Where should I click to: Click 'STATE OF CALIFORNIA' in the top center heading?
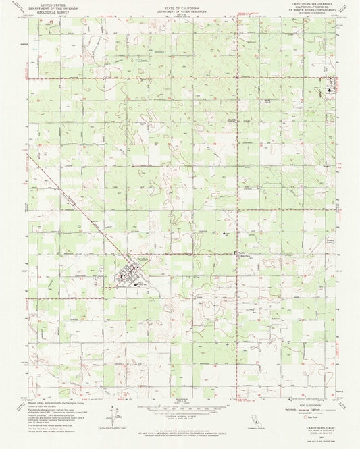tap(179, 4)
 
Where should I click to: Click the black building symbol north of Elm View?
tap(226, 233)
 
